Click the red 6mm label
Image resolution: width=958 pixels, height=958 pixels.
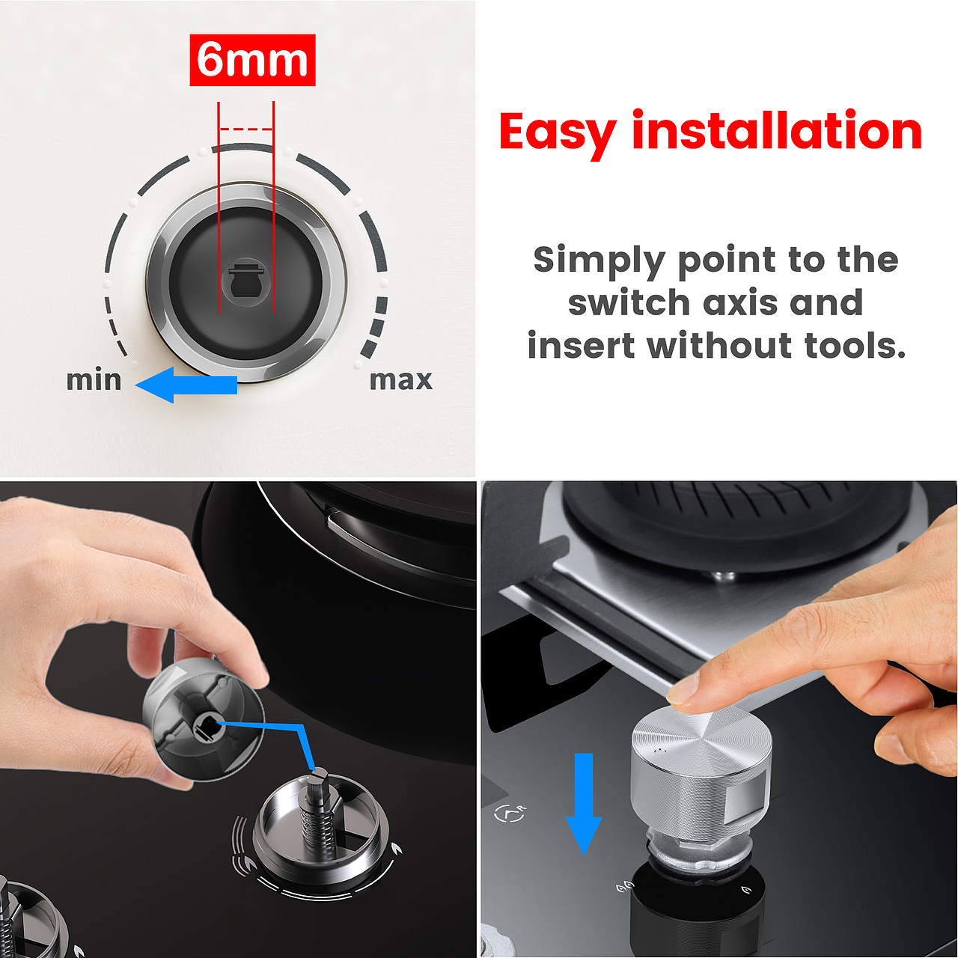(252, 60)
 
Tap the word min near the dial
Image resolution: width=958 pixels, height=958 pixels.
(94, 379)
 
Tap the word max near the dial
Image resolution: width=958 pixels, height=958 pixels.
(400, 381)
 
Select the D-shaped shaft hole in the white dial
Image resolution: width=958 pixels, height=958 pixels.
(246, 281)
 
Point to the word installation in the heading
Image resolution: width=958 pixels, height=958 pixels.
(777, 130)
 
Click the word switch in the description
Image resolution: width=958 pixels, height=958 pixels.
(629, 302)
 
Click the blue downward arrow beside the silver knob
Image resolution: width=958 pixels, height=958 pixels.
(584, 804)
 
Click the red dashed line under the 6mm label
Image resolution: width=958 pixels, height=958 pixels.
(246, 129)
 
